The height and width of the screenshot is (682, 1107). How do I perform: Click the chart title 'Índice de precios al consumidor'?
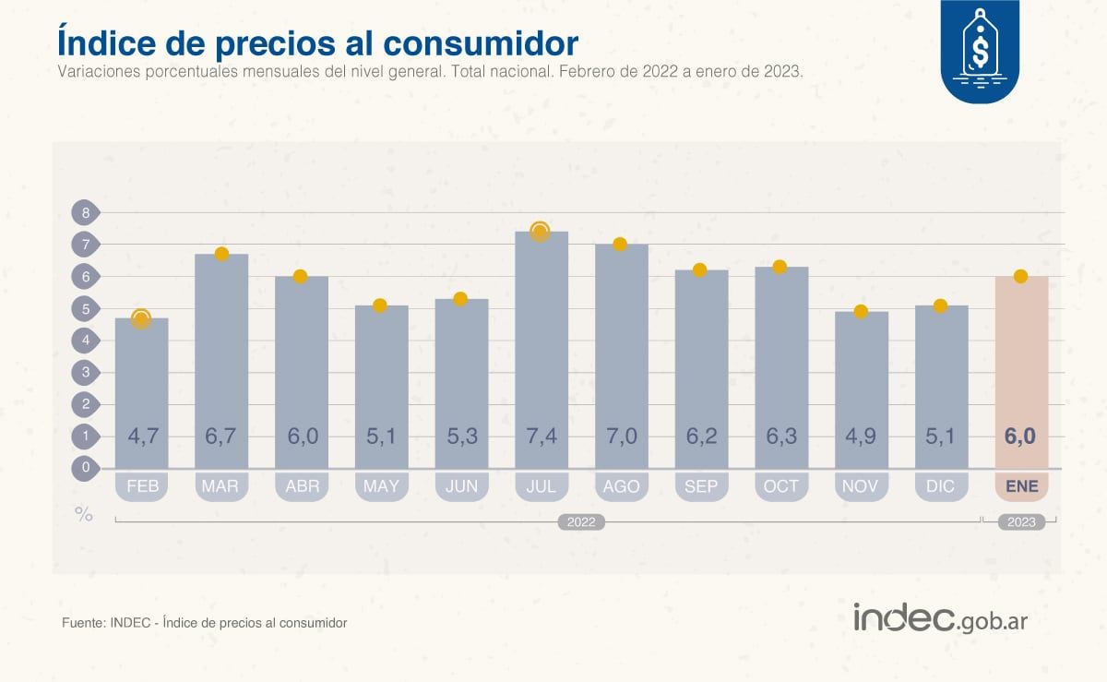(318, 42)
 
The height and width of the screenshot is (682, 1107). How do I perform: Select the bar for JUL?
(541, 351)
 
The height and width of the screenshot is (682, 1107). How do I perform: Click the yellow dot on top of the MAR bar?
(221, 254)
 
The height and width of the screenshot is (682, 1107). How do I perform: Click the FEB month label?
(142, 486)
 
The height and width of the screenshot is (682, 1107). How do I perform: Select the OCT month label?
(781, 486)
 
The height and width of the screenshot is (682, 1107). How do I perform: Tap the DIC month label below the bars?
(941, 486)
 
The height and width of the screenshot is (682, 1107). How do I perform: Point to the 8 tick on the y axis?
(85, 213)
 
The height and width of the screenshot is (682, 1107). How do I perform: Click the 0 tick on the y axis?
(85, 468)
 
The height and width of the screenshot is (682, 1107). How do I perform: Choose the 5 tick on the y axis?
(85, 309)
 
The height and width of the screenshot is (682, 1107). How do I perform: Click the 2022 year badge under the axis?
(581, 522)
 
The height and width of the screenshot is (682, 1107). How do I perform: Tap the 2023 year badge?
(1021, 522)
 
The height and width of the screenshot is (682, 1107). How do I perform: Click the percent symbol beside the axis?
(84, 515)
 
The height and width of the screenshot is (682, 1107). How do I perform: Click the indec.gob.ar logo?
(940, 618)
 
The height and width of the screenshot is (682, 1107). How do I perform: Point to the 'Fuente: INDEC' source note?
(204, 623)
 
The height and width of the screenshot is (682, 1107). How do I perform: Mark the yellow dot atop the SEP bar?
(700, 270)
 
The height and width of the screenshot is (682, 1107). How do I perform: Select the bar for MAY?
(381, 388)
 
